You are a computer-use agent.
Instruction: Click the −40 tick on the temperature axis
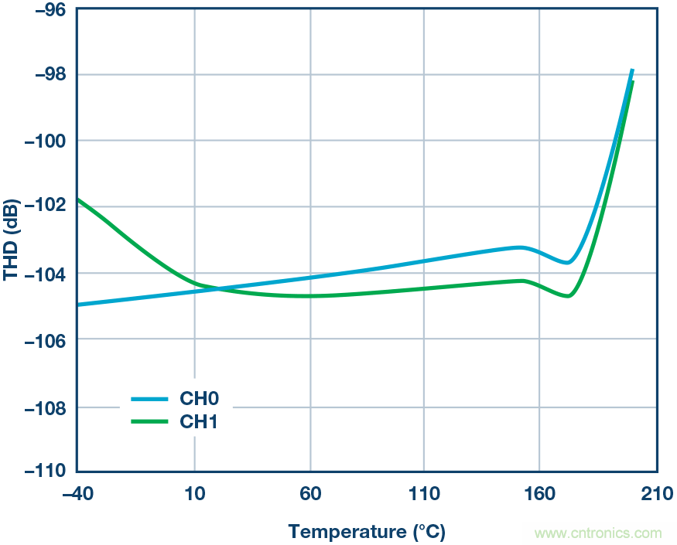[77, 493]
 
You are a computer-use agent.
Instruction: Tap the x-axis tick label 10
[194, 493]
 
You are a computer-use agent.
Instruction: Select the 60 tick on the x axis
[309, 493]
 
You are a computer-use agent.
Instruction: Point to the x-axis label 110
[424, 493]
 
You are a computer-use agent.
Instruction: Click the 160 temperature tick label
[539, 493]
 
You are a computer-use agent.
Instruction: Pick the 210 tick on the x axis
[654, 493]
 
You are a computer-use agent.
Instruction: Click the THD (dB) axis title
[12, 241]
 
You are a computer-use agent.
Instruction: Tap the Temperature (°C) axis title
[367, 532]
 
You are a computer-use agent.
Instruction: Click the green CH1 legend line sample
[149, 421]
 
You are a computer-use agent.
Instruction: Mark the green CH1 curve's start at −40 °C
[79, 199]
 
